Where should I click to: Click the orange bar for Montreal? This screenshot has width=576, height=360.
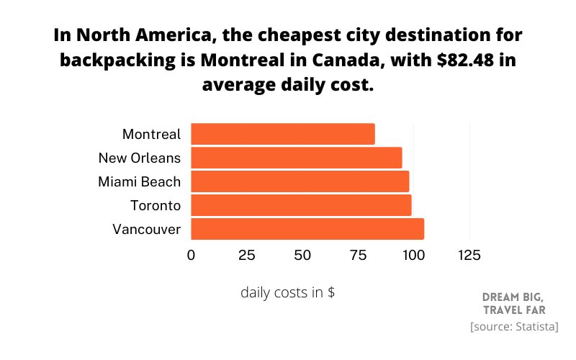[x=283, y=134]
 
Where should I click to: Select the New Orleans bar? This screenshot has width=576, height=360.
[x=297, y=158]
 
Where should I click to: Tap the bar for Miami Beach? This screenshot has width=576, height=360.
[x=300, y=181]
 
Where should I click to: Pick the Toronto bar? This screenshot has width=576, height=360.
[x=301, y=205]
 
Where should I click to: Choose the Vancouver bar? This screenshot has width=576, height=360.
[x=307, y=229]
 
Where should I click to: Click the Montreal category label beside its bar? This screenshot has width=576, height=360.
[x=151, y=135]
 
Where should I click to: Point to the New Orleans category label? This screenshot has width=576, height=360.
[x=140, y=158]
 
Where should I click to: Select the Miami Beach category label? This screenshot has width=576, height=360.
[x=139, y=182]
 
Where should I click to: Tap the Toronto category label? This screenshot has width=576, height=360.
[x=156, y=206]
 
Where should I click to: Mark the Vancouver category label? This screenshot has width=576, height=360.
[x=147, y=230]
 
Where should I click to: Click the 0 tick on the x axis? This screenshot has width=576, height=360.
[x=191, y=256]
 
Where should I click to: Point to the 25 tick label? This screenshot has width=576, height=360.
[x=246, y=256]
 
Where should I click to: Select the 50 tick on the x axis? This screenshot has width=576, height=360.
[x=302, y=256]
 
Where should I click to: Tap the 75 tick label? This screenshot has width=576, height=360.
[x=358, y=256]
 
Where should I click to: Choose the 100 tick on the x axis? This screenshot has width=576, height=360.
[x=413, y=256]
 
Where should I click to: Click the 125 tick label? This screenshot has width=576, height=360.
[x=469, y=256]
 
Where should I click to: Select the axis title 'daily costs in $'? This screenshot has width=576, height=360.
[x=287, y=293]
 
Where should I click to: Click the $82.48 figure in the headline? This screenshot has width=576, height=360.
[x=465, y=60]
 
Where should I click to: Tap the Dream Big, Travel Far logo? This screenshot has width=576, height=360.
[x=514, y=303]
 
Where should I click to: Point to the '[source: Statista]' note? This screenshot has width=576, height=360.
[x=514, y=327]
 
